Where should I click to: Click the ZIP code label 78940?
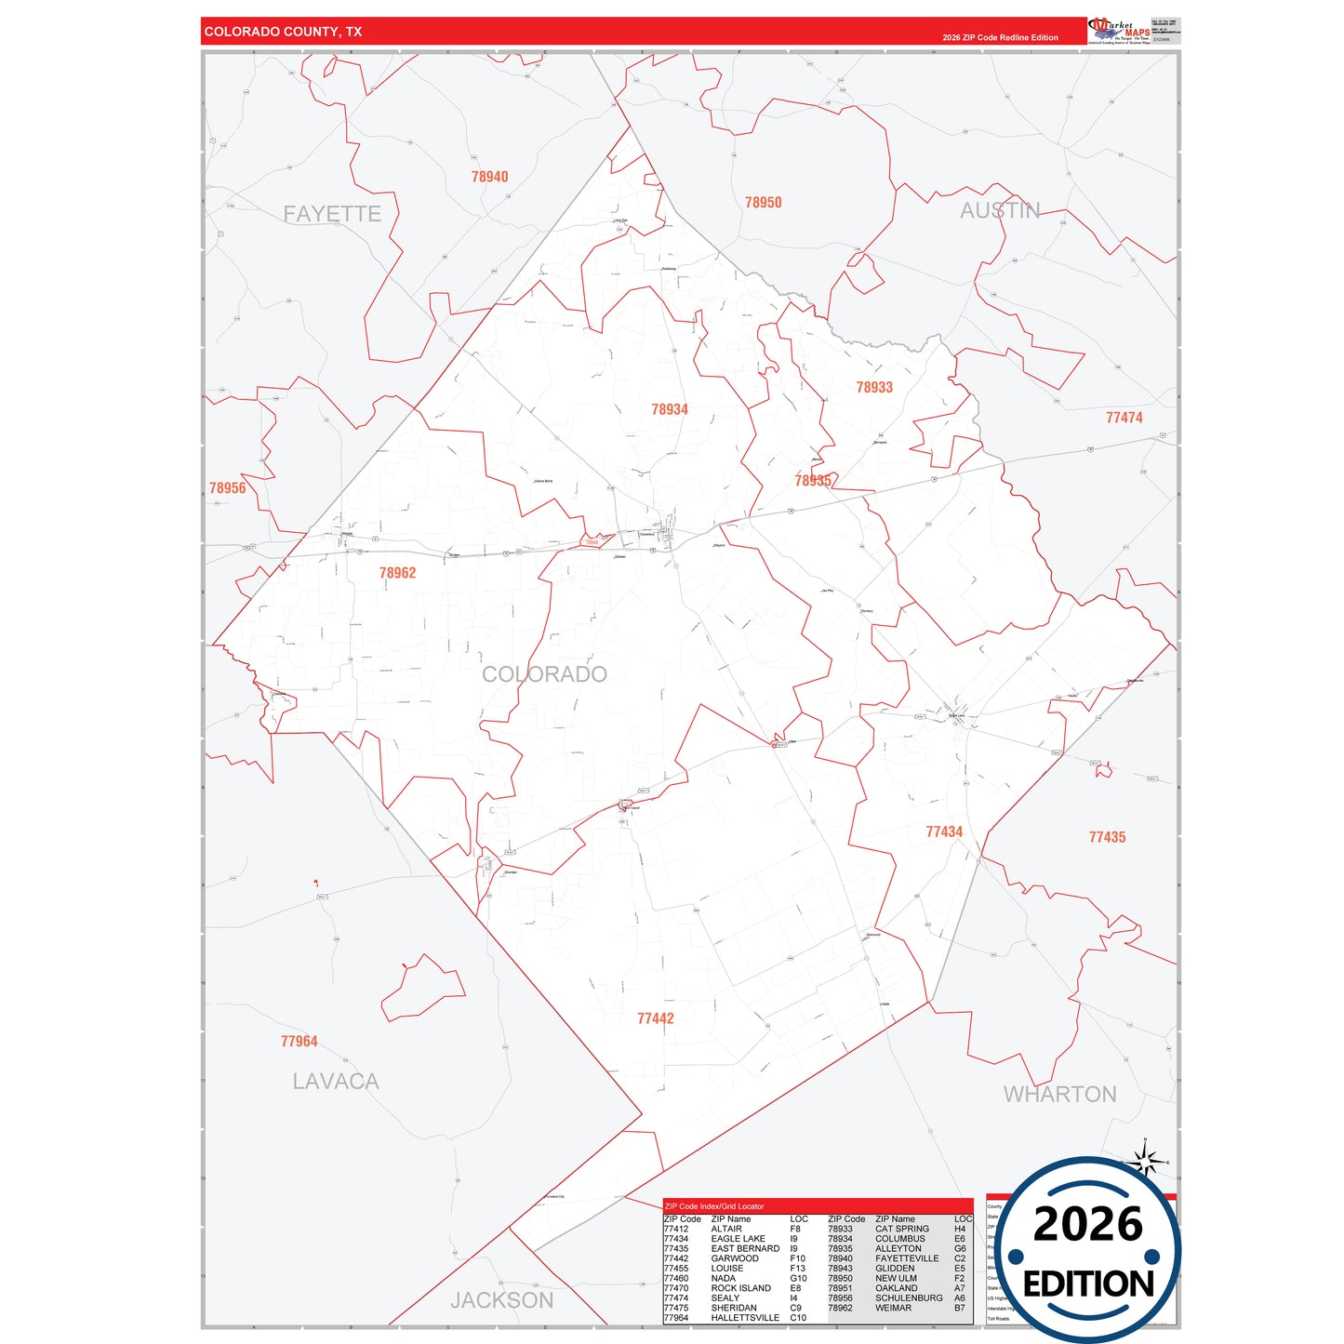point(489,177)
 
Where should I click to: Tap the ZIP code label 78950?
point(763,203)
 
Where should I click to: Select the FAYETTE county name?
point(332,214)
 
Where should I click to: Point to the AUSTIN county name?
point(1000,210)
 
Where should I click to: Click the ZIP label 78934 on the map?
point(670,409)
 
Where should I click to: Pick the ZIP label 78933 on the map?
point(874,387)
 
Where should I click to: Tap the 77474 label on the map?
point(1124,418)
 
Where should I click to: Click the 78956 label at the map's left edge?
point(228,488)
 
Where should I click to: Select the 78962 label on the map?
point(397,573)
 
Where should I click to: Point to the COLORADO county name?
point(544,674)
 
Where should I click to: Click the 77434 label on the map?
point(944,832)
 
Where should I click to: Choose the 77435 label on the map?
point(1107,837)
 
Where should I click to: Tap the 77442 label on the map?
point(656,1018)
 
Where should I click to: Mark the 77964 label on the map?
point(299,1042)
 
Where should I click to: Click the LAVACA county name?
point(336,1082)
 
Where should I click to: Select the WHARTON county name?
point(1059,1095)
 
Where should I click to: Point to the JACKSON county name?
point(501,1300)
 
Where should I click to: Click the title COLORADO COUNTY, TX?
point(284,32)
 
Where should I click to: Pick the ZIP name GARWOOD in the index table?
point(735,1258)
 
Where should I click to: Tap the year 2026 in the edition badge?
point(1087,1224)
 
